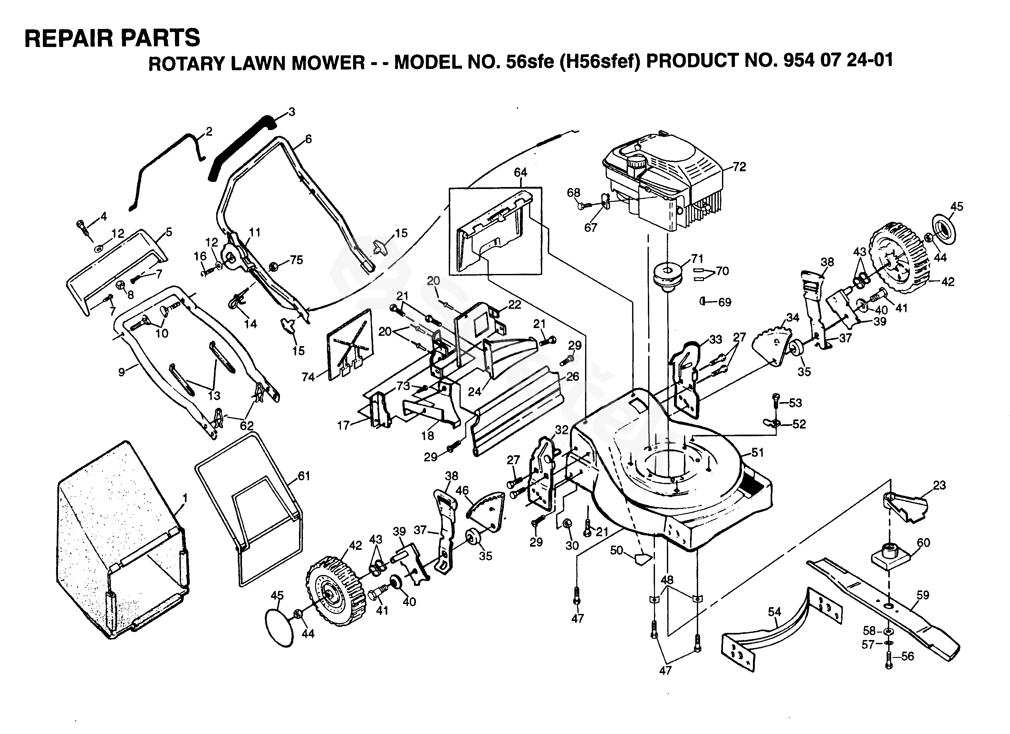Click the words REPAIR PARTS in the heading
point(112,38)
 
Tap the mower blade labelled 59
point(883,609)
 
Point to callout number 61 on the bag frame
point(304,476)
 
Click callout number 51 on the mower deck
point(757,453)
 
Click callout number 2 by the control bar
point(208,131)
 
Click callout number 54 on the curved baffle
point(774,612)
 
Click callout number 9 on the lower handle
point(121,372)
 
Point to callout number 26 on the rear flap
point(572,377)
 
